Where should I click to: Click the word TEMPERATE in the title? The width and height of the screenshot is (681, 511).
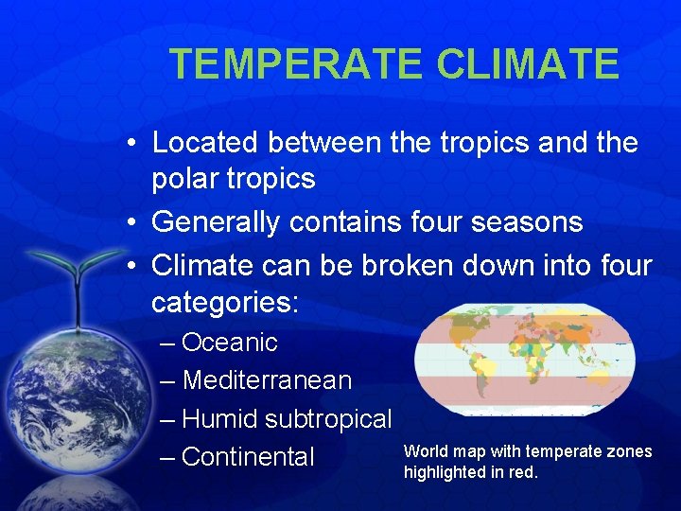[x=296, y=64]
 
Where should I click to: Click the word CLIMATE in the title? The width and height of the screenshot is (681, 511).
[x=528, y=64]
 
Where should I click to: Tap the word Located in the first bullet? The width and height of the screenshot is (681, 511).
[x=205, y=143]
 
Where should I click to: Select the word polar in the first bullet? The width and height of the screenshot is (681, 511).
[x=184, y=179]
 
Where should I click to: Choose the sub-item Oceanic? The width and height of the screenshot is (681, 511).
[x=230, y=343]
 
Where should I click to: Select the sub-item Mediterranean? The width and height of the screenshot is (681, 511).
[x=267, y=380]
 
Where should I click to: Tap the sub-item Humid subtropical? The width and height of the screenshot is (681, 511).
[x=287, y=418]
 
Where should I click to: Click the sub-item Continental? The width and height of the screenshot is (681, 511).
[x=248, y=457]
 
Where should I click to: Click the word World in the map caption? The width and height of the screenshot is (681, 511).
[x=423, y=451]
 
